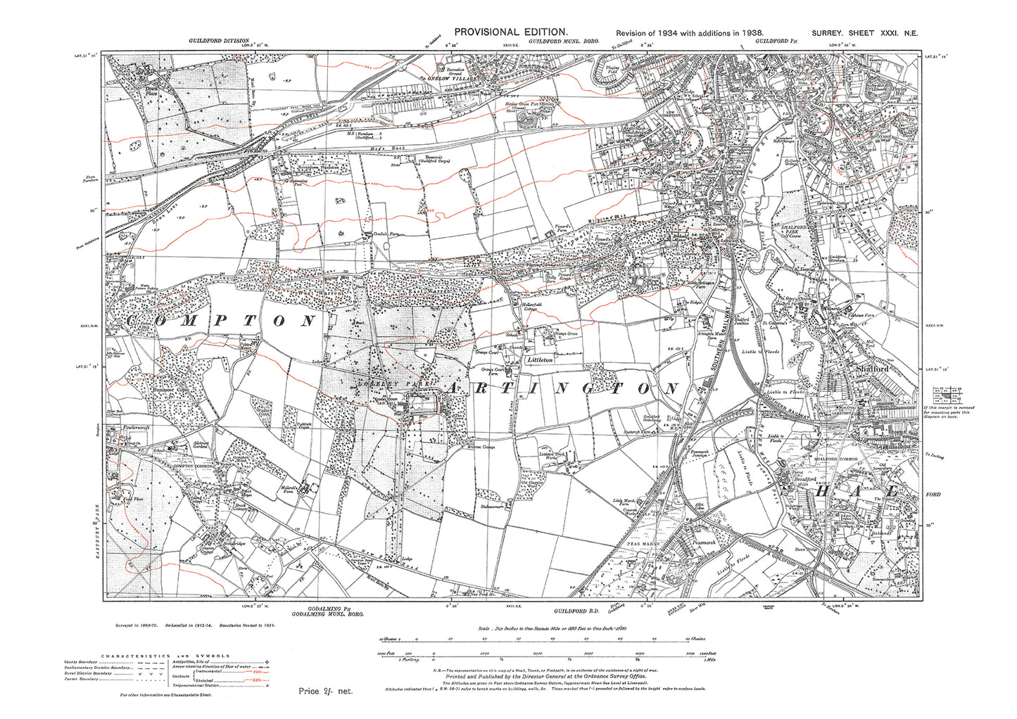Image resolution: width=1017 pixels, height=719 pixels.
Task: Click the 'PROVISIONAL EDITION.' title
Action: (x=510, y=32)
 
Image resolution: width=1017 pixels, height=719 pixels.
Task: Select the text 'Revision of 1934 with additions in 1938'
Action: (x=689, y=33)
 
